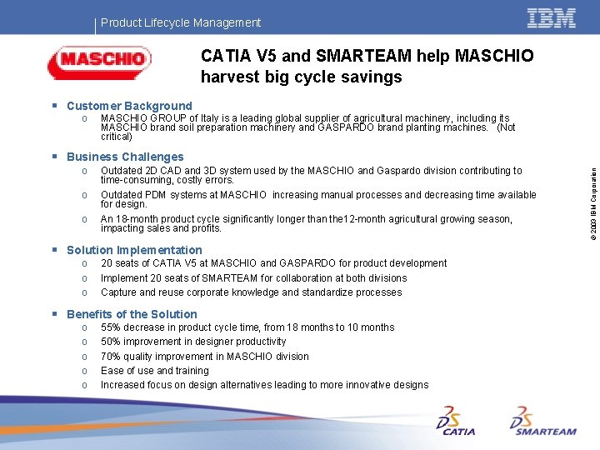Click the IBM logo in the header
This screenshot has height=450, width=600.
click(x=552, y=18)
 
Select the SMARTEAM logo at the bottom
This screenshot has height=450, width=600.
click(x=542, y=421)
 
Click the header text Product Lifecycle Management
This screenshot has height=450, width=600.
click(x=181, y=22)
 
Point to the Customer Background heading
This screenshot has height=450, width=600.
click(x=129, y=106)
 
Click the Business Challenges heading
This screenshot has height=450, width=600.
click(x=125, y=157)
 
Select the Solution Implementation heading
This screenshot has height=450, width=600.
click(x=134, y=250)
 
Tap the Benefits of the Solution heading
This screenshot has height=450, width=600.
click(x=132, y=314)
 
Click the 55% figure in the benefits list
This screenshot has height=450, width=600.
click(x=111, y=327)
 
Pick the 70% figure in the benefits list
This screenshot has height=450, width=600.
click(x=111, y=357)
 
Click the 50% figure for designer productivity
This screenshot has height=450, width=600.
click(x=111, y=342)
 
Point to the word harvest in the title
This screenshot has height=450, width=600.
click(x=227, y=77)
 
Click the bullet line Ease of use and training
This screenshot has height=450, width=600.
click(x=154, y=371)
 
